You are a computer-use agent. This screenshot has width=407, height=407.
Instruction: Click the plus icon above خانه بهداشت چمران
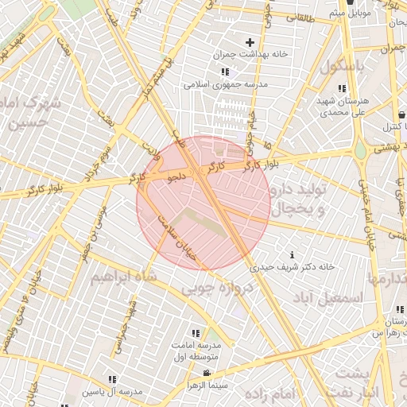click(250, 42)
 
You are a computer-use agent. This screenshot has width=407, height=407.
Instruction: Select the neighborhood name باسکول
click(342, 67)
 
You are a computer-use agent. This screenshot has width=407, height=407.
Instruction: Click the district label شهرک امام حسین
click(31, 113)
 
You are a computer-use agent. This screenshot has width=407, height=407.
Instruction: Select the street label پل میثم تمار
click(157, 79)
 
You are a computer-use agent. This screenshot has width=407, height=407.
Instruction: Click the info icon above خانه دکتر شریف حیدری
click(293, 254)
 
